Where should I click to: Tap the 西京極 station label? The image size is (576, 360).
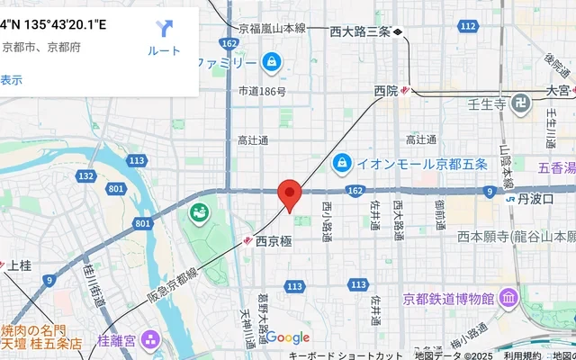click(274, 241)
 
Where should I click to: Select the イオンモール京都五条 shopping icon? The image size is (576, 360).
click(342, 164)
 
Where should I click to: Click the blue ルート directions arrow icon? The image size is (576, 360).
click(164, 29)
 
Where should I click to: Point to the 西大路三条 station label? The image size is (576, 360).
click(359, 32)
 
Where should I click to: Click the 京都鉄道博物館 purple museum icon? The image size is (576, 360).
click(508, 297)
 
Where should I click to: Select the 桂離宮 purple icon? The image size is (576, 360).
click(149, 341)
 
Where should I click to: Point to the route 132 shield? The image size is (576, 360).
click(86, 175)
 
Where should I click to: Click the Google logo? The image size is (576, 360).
click(287, 337)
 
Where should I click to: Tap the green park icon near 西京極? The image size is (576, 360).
click(198, 214)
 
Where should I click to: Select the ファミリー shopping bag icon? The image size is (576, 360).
click(270, 62)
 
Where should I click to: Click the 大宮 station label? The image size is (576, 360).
click(558, 91)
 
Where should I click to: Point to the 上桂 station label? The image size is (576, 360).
click(19, 265)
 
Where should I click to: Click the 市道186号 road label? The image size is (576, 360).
click(262, 92)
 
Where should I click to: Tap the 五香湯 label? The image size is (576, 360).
click(556, 166)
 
